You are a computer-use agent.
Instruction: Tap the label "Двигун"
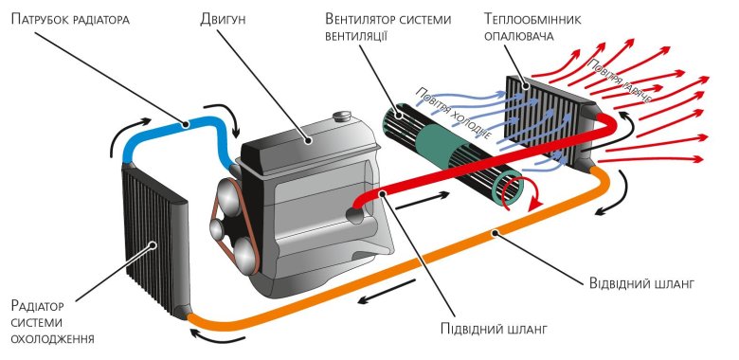pyautogui.click(x=226, y=18)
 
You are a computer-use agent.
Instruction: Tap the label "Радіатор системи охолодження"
pyautogui.click(x=49, y=321)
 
